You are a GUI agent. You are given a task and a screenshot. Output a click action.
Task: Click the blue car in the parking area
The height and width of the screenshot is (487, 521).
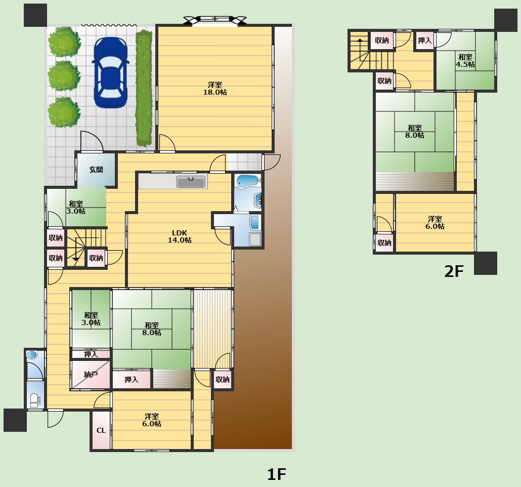pos(110,72)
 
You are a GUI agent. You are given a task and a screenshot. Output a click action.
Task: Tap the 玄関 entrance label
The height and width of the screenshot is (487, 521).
pos(96,170)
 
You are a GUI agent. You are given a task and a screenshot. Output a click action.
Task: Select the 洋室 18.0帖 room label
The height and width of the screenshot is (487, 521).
pos(215,89)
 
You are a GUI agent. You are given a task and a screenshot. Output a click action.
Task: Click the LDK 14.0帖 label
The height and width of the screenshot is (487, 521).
pos(180,236)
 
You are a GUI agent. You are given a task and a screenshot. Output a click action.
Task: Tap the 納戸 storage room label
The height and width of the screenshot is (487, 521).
pos(91,375)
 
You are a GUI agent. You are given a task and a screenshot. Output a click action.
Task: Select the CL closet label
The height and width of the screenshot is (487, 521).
pos(101,430)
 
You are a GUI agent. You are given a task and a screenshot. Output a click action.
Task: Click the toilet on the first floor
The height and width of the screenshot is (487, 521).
pos(34,400)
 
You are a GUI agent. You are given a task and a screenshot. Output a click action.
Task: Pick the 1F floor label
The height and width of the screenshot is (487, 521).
pos(277,474)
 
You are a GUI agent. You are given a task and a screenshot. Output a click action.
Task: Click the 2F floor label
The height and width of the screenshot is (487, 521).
pos(454,271)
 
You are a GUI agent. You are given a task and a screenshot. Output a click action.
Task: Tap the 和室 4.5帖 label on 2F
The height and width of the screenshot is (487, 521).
pos(465,61)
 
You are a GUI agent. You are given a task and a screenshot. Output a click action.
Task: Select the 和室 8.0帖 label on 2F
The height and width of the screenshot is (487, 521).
pos(415,132)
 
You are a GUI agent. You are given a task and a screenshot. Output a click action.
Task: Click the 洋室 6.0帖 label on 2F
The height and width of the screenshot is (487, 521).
pos(435,223)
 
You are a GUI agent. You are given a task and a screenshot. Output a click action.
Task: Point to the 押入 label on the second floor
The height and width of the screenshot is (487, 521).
pos(425,40)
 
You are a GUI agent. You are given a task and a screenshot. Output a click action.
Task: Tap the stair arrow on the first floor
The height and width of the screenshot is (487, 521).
pos(76,250)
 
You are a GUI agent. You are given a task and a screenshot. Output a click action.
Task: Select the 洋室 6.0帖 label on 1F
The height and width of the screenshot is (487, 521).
pos(152,420)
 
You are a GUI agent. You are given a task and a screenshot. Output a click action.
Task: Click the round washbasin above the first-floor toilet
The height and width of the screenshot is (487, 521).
pos(32,355)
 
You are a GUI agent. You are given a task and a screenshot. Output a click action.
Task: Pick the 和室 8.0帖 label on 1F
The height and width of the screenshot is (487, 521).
pos(152,329)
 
